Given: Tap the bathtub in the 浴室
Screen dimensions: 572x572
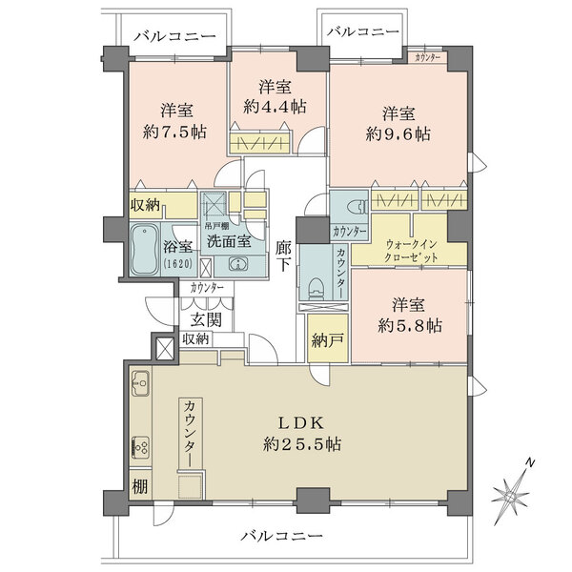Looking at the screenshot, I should point(144,248).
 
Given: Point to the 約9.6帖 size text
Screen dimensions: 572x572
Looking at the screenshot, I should point(398,133).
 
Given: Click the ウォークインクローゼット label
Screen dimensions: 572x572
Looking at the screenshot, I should point(413,252).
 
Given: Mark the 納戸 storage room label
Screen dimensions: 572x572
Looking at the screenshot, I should point(323,340).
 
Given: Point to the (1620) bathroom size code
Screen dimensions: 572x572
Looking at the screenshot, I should point(177,263).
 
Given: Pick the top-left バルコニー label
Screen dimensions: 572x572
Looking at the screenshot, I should point(169,36).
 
